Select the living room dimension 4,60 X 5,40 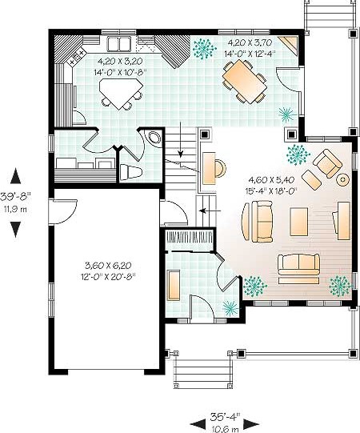tap(271, 180)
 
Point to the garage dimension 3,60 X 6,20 tap(108, 265)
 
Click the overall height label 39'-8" tap(16, 197)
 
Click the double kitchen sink tap(119, 44)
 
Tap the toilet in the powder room tap(131, 172)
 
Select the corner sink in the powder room tap(154, 137)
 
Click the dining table tap(245, 82)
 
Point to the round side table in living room tap(342, 180)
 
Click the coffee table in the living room tap(298, 222)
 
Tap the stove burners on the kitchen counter tap(77, 57)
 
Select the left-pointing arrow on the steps tap(210, 211)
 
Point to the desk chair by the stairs tap(221, 168)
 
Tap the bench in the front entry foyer tap(174, 285)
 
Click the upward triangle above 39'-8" tap(15, 176)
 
